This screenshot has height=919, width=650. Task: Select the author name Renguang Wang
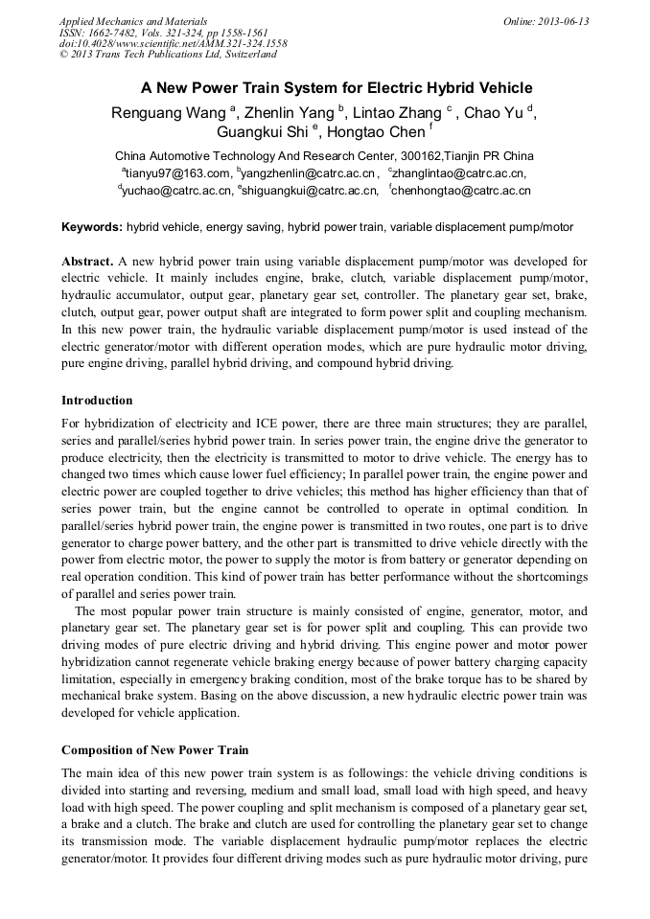point(169,113)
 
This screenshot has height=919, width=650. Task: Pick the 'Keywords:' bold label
point(92,227)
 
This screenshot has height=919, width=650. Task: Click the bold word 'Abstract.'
point(87,261)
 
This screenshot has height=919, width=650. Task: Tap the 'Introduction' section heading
point(97,400)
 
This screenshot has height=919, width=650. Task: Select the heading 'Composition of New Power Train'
point(154,749)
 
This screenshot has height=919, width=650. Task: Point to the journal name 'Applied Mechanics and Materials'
point(133,21)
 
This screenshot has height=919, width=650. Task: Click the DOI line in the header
point(173,43)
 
